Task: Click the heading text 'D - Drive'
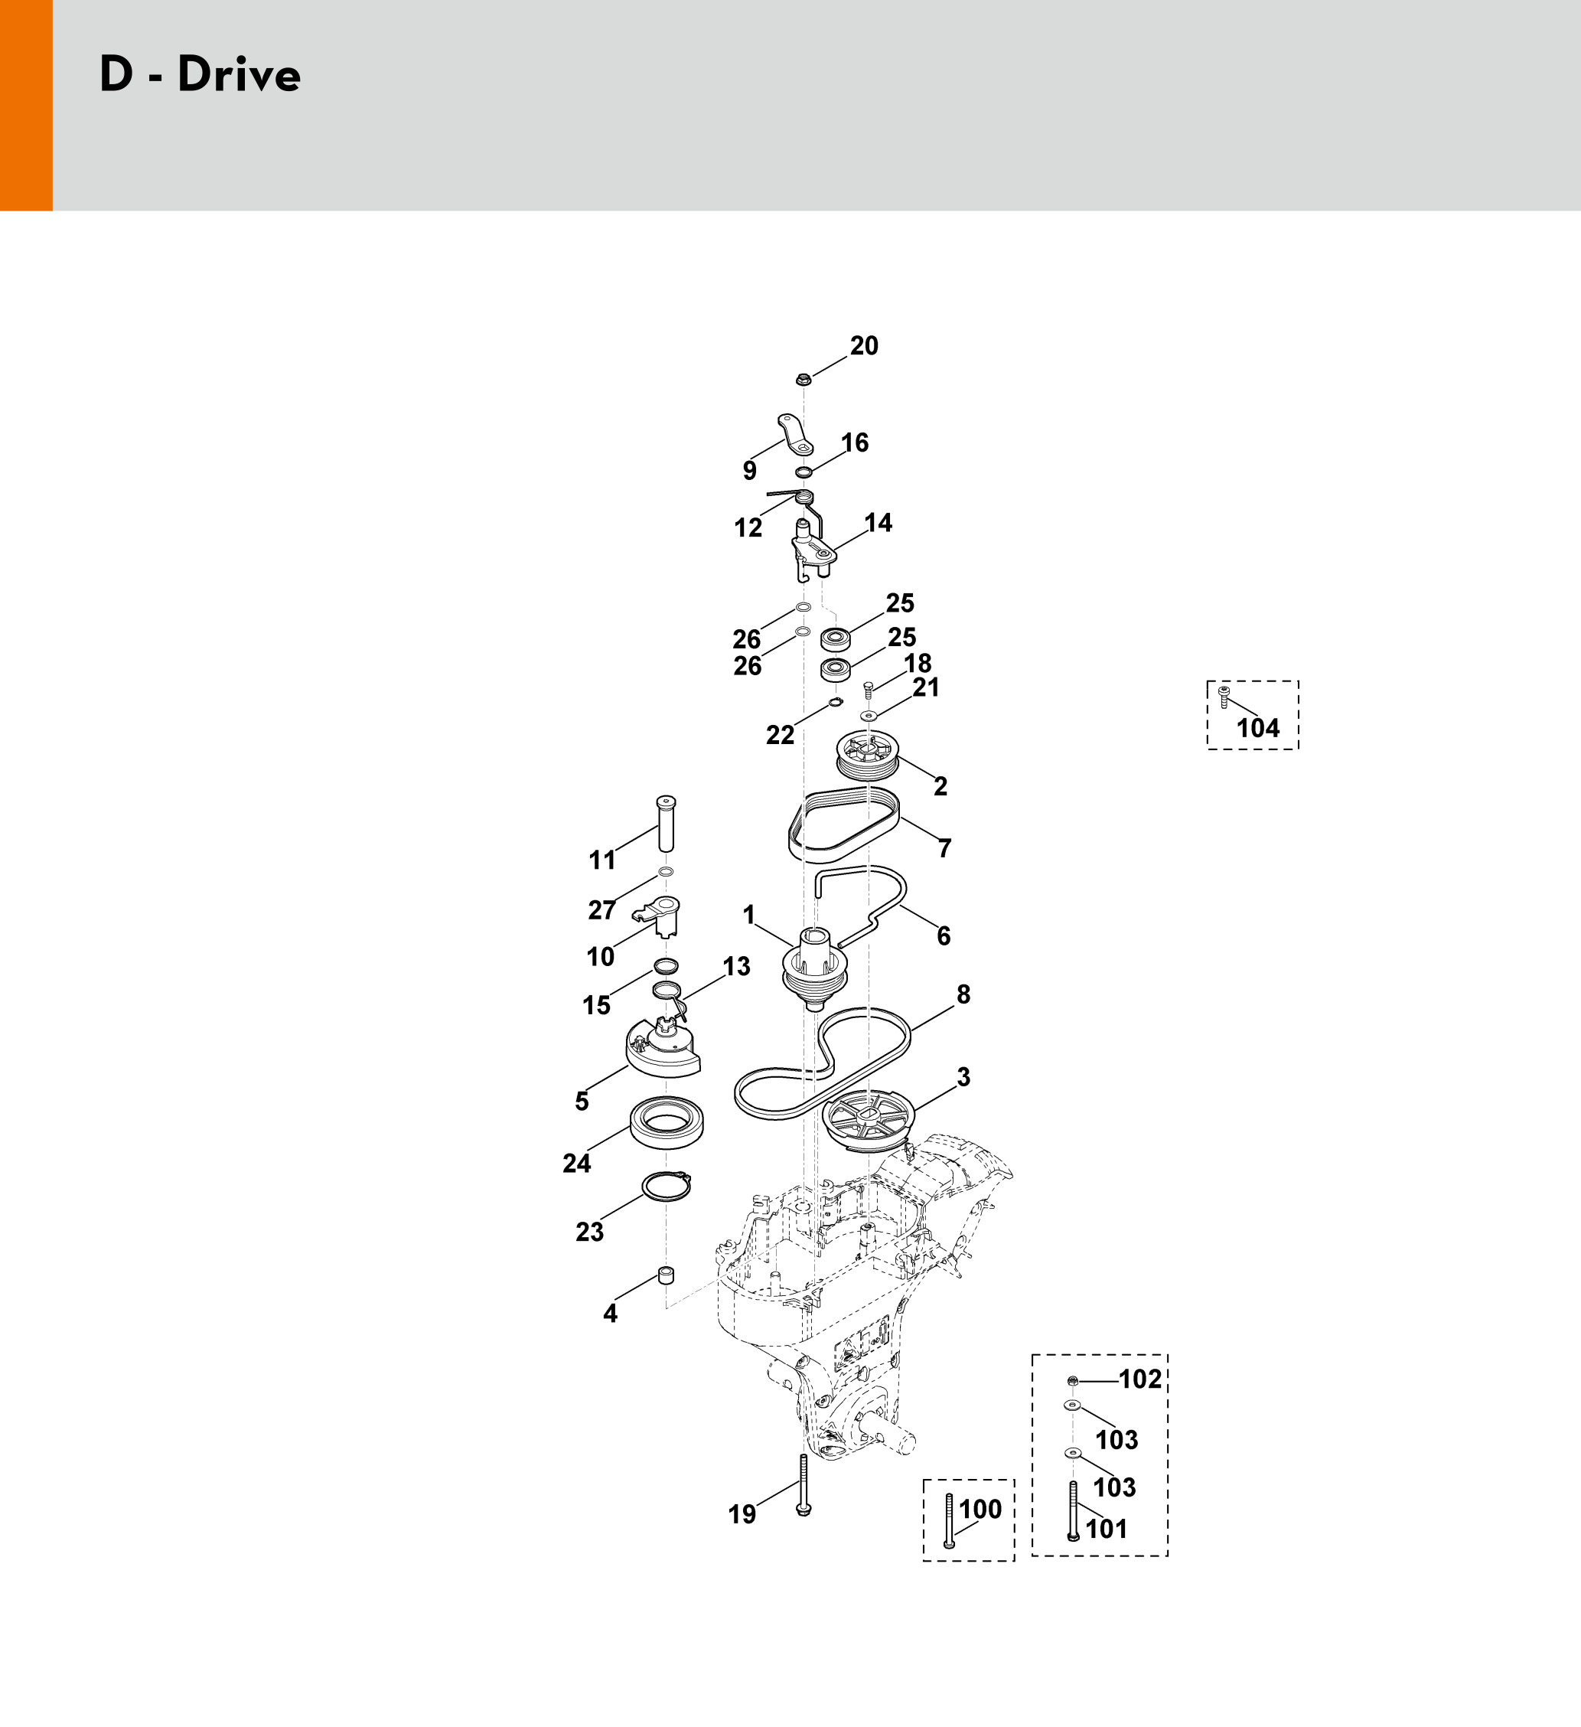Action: pyautogui.click(x=200, y=74)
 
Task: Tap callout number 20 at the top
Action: pyautogui.click(x=864, y=346)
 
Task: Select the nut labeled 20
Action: pyautogui.click(x=804, y=378)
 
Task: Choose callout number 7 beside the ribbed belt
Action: pyautogui.click(x=944, y=848)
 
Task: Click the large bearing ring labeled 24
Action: pyautogui.click(x=667, y=1123)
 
